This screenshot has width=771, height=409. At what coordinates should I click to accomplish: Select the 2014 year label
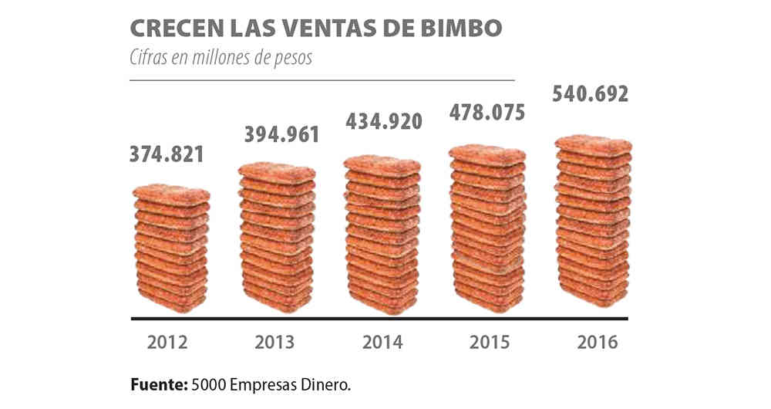click(x=380, y=342)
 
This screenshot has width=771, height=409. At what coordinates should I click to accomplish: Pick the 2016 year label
click(x=595, y=342)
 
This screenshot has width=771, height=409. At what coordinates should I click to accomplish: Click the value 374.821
click(x=168, y=154)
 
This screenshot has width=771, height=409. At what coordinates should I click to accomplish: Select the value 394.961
click(x=276, y=134)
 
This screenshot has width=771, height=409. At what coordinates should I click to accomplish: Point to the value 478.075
click(x=487, y=113)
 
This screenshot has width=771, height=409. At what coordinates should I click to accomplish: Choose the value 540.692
click(x=591, y=95)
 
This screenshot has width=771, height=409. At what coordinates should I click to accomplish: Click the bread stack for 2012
click(x=170, y=248)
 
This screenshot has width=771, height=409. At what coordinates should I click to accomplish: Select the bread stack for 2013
click(x=277, y=238)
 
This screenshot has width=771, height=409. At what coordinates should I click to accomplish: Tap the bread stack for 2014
click(x=382, y=234)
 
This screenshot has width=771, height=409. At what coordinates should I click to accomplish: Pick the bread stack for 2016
click(x=594, y=221)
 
